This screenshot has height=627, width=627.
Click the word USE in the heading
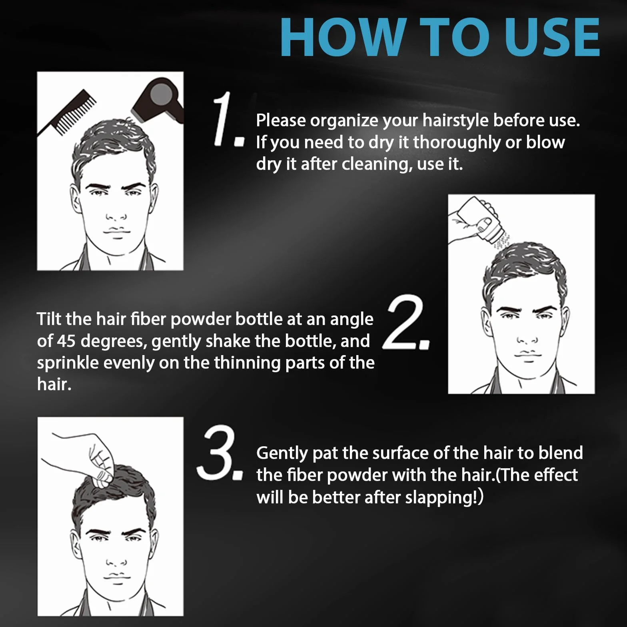(552, 38)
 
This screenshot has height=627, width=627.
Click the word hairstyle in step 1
(455, 120)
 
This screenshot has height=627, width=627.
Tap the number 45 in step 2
(66, 341)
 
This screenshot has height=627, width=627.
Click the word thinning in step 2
(246, 363)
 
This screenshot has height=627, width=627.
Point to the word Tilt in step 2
(49, 319)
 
